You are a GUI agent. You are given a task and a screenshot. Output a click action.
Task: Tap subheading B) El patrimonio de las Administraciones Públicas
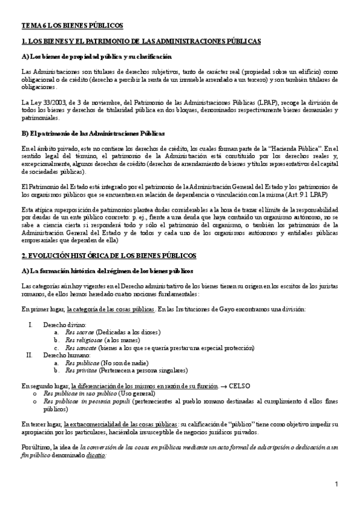93,132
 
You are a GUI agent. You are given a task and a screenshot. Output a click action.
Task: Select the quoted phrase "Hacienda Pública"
299,147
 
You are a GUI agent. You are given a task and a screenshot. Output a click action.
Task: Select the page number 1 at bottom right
337,484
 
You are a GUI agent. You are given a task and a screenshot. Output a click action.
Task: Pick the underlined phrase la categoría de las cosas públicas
111,309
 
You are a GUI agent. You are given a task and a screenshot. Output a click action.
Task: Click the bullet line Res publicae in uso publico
82,392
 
